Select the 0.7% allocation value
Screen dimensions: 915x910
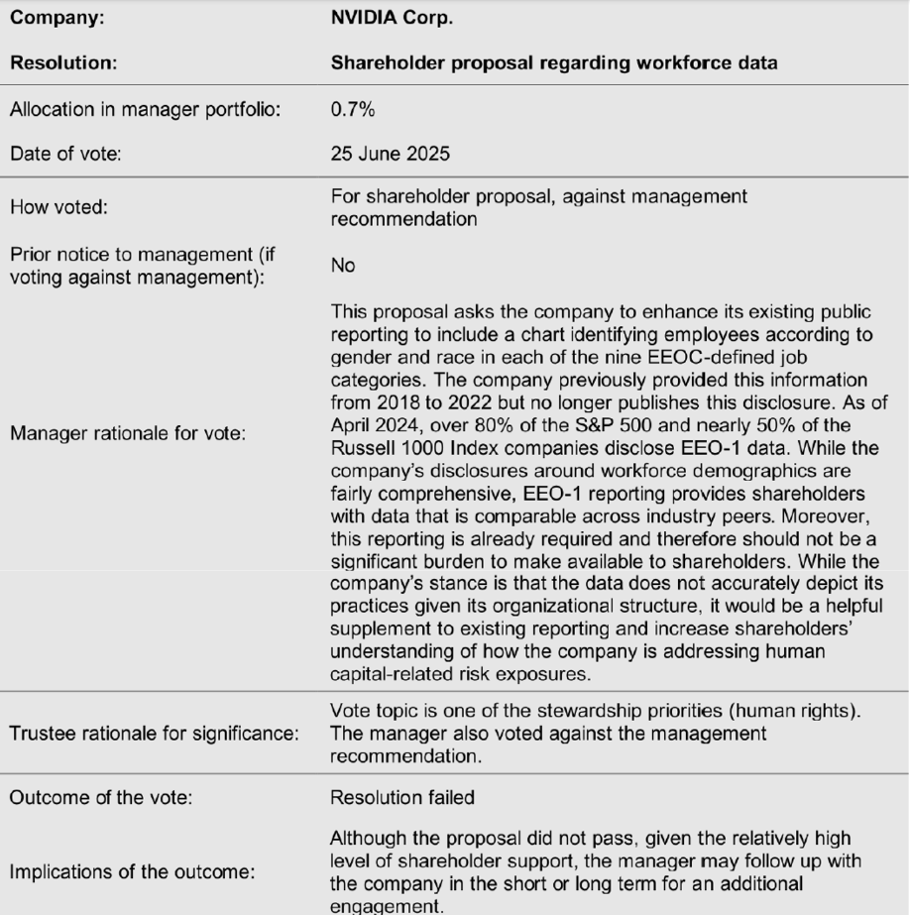pyautogui.click(x=346, y=112)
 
